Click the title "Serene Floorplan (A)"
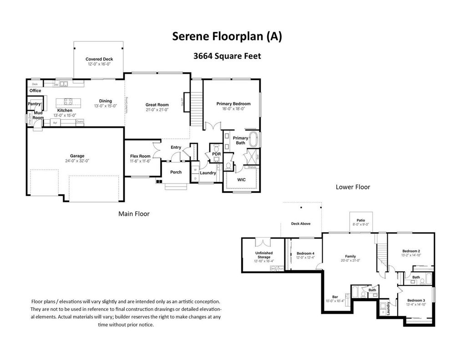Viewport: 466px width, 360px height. coord(227,37)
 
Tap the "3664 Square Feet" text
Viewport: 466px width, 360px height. coord(227,56)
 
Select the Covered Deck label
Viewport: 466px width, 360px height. coord(99,59)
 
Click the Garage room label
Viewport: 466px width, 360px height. coord(77,156)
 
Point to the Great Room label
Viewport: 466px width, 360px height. coord(157,105)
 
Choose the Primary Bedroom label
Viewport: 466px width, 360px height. coord(233,104)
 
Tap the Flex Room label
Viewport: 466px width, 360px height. coord(140,156)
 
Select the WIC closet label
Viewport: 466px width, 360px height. coord(242,180)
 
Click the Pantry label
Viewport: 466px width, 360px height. coord(35,104)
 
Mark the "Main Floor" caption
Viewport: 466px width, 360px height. coord(134,213)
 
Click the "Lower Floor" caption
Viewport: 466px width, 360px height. coord(353,187)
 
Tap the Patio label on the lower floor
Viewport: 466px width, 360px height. coord(361,219)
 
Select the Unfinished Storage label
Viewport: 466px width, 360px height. coord(263,255)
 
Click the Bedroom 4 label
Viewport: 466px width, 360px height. coord(305,254)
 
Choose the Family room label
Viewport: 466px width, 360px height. coord(350,256)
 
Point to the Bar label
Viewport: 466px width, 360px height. coord(335,297)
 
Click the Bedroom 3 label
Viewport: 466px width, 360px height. coord(416,300)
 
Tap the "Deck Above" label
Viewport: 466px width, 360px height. coord(301,223)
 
